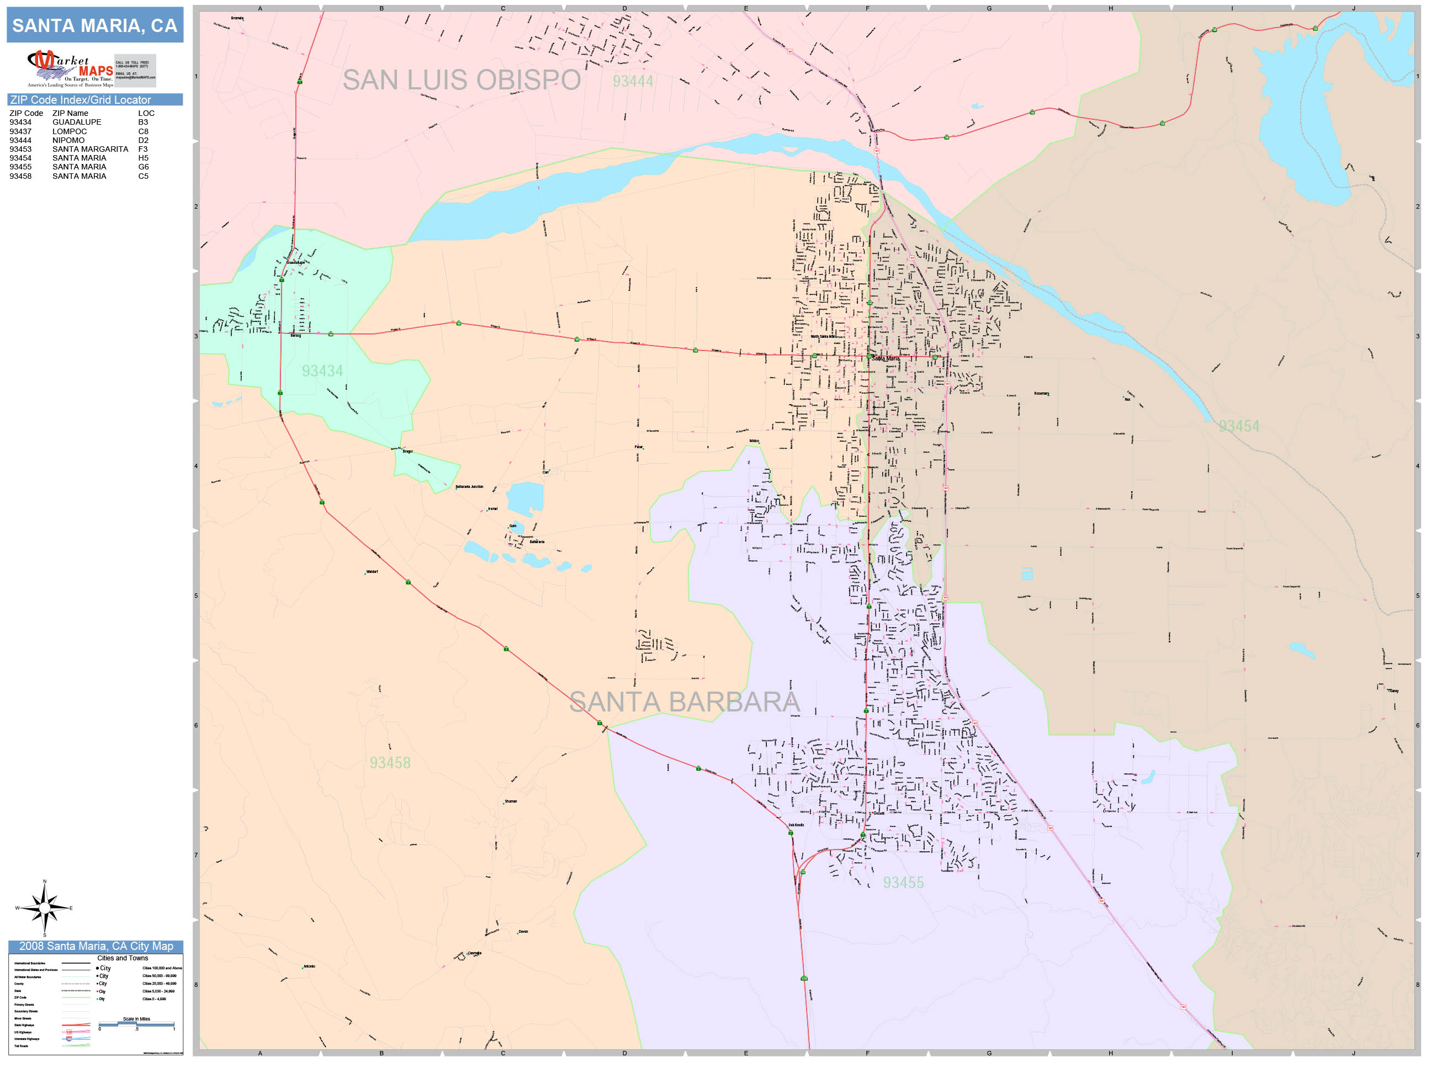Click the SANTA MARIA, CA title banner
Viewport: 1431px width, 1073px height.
coord(94,26)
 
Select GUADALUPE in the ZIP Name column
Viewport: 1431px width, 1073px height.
coord(76,122)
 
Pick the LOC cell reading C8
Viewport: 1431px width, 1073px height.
coord(143,131)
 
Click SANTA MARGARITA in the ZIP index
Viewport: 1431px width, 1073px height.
coord(90,150)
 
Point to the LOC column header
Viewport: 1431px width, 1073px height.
coord(146,113)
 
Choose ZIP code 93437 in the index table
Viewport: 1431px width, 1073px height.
coord(20,131)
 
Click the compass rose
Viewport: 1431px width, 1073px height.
coord(44,908)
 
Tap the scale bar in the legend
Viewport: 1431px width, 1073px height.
coord(136,1024)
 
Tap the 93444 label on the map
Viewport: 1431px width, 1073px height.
coord(633,82)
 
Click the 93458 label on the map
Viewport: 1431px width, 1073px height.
coord(390,763)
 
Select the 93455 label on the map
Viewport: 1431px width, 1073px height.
coord(903,883)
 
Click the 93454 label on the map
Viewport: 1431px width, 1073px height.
coord(1239,427)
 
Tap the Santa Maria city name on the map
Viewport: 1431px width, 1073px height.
coord(885,358)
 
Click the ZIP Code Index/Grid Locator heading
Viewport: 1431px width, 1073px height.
coord(80,99)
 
